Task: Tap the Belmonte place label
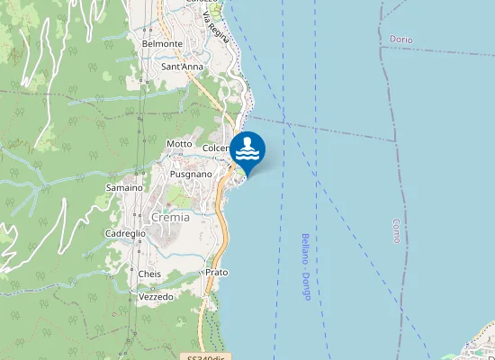point(162,43)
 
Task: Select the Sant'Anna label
point(182,67)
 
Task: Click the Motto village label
point(180,144)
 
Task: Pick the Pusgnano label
point(191,174)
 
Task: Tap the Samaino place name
point(124,187)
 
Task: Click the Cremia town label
point(170,217)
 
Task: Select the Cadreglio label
point(126,232)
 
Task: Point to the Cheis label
point(149,273)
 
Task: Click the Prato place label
point(217,272)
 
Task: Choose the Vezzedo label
point(156,296)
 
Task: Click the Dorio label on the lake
point(401,40)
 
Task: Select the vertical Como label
point(396,236)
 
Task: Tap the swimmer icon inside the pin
point(247,148)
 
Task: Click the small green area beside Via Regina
point(216,7)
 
